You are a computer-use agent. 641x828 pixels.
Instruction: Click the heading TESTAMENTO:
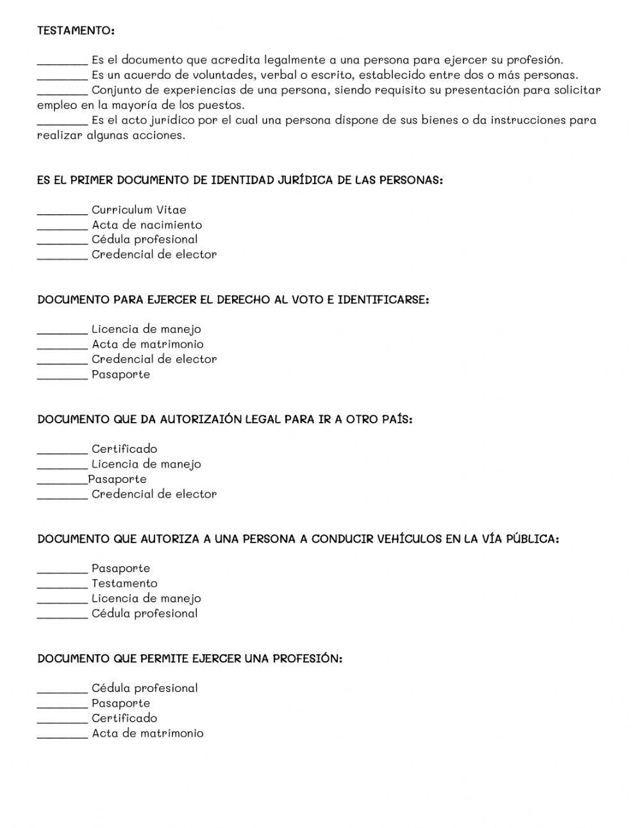coord(76,30)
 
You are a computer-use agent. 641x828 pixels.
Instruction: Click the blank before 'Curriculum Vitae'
coord(62,210)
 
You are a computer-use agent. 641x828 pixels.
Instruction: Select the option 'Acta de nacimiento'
coord(146,224)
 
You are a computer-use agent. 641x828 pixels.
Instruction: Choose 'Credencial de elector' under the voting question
coord(154,359)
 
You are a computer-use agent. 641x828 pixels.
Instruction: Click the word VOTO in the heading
coord(308,300)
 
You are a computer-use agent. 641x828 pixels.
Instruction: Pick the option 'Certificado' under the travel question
coord(124,449)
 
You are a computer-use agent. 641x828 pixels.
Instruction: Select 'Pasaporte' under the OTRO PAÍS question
coord(117,479)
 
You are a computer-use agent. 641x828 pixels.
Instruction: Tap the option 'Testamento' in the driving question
coord(124,584)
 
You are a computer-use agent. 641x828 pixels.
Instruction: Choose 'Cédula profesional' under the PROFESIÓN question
coord(144,688)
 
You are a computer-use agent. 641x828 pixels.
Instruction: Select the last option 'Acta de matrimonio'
coord(147,733)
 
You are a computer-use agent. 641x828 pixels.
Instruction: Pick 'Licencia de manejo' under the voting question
coord(146,329)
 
